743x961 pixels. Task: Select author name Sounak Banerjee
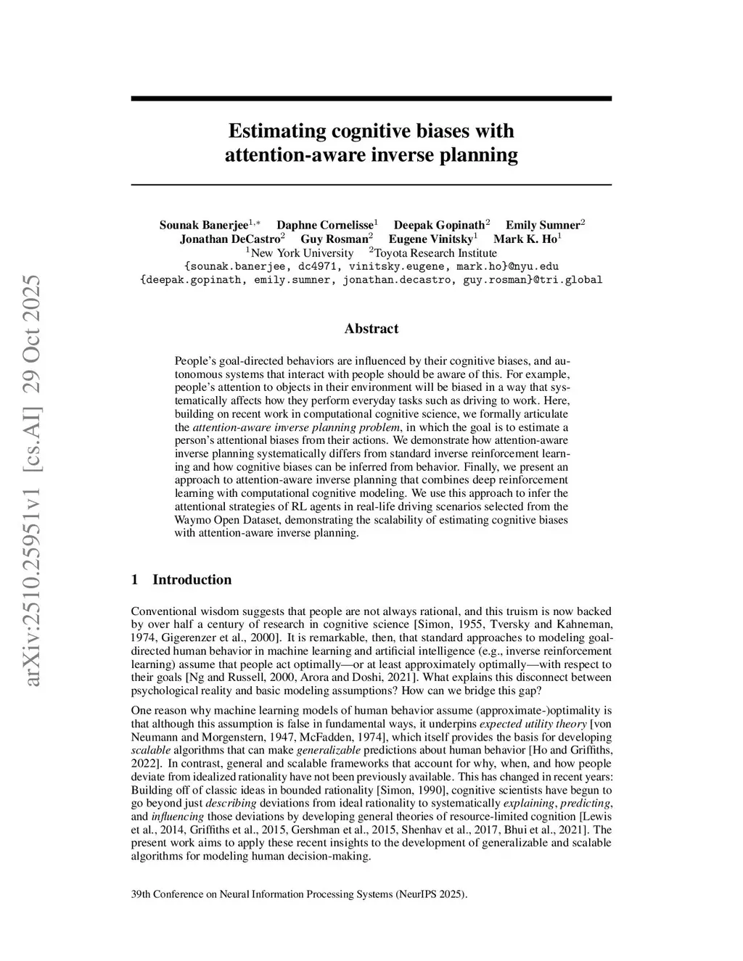[x=203, y=225]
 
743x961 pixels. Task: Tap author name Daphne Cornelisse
[x=324, y=225]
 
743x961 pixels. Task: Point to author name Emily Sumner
[x=542, y=225]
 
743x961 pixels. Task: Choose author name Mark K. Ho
[x=525, y=239]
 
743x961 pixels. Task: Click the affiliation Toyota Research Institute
[x=435, y=253]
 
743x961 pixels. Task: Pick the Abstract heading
[x=371, y=329]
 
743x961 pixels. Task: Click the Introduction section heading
[x=192, y=580]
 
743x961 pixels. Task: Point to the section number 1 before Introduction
[x=135, y=580]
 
